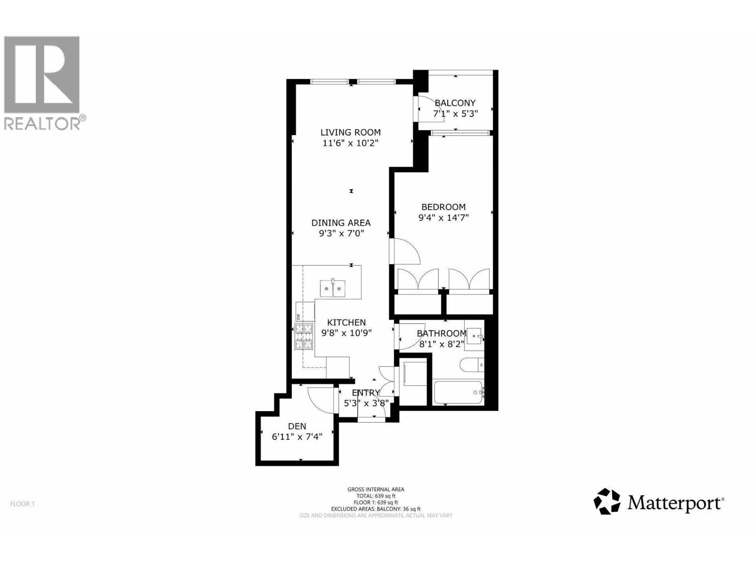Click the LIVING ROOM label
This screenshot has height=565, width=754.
tap(351, 133)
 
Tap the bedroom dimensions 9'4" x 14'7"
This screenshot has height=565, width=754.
tap(443, 218)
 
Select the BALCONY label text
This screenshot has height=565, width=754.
tap(455, 103)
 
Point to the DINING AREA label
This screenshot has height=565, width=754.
tap(341, 223)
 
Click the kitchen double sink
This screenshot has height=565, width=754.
tap(333, 288)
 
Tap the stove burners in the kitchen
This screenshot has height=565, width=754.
tap(304, 336)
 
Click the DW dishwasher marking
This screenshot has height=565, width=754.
tap(298, 316)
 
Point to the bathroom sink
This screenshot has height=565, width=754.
tap(475, 336)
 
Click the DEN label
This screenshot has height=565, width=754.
tap(297, 426)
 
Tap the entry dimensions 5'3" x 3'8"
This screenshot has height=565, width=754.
tap(366, 403)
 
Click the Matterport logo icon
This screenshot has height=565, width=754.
tap(606, 501)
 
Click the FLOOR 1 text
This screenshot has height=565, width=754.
tap(23, 504)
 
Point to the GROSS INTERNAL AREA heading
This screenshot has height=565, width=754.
tap(376, 489)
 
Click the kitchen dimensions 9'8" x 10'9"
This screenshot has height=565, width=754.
tap(346, 333)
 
